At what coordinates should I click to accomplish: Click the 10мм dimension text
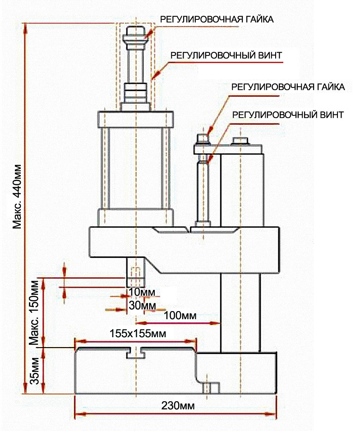(x=141, y=292)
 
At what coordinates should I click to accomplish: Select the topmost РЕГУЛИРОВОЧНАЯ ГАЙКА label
(x=217, y=19)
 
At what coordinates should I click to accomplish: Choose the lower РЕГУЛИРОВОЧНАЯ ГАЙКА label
(x=288, y=87)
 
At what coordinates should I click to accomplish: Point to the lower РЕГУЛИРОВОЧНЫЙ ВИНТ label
(x=288, y=114)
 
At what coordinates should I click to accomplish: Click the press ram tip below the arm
(x=135, y=275)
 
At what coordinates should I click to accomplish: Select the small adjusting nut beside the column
(x=202, y=137)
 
